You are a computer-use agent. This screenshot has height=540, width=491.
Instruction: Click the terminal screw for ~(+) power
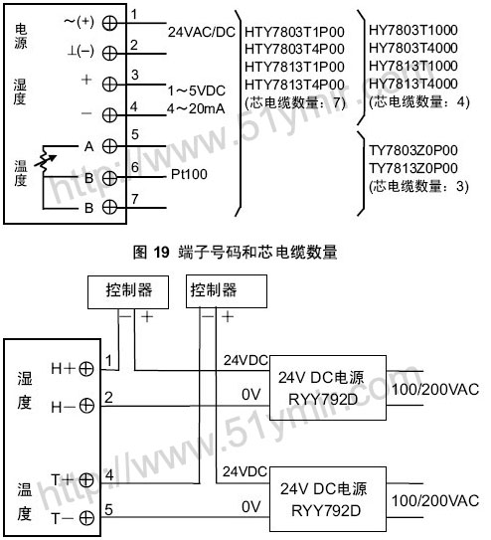[x=109, y=24]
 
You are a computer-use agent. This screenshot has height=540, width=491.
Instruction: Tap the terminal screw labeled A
[x=109, y=146]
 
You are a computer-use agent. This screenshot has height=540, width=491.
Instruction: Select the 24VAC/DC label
[x=202, y=32]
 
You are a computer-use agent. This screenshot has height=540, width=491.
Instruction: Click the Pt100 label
[x=189, y=174]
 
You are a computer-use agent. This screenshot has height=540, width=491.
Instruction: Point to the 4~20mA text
[x=196, y=108]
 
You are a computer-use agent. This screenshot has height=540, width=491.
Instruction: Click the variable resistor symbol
[x=45, y=160]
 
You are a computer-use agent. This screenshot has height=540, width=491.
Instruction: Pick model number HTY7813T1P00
[x=294, y=67]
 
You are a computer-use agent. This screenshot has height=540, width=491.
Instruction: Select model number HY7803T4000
[x=413, y=48]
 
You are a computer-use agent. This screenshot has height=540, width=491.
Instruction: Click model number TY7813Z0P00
[x=413, y=168]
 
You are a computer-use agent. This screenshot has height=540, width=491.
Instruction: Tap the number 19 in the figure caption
[x=161, y=253]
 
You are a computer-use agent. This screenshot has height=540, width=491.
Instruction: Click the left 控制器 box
[x=128, y=292]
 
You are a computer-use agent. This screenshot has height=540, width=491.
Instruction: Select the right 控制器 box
[x=227, y=291]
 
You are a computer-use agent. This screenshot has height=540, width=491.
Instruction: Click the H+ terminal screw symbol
[x=86, y=369]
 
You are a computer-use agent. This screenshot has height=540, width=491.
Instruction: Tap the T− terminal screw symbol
[x=86, y=517]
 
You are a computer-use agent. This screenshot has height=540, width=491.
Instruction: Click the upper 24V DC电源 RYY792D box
[x=328, y=388]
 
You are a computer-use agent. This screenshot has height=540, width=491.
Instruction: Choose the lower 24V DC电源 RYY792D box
[x=328, y=499]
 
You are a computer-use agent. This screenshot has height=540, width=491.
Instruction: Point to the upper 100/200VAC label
[x=435, y=390]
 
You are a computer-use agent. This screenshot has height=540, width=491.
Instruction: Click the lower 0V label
[x=251, y=506]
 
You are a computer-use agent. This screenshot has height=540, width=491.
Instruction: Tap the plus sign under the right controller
[x=228, y=316]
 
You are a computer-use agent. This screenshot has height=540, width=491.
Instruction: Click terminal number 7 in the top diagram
[x=134, y=199]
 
